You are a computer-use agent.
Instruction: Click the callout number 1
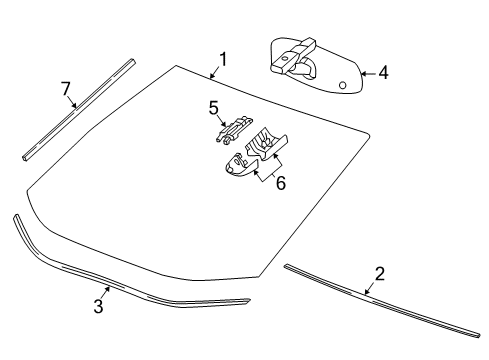click(222, 58)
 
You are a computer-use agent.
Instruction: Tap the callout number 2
click(379, 274)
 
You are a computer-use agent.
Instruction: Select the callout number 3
click(98, 307)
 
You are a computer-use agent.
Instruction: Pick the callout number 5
click(213, 107)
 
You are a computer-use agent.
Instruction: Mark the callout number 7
click(66, 90)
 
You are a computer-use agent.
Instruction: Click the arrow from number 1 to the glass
click(214, 70)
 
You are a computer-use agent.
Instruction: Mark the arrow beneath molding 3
click(105, 293)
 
